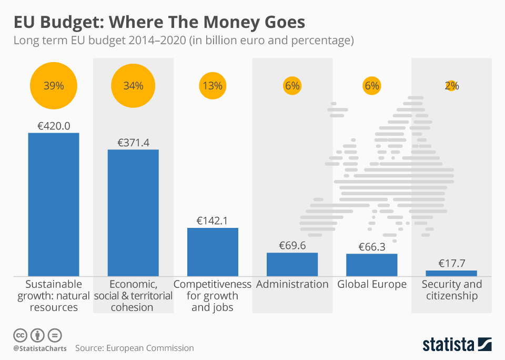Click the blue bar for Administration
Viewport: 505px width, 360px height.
(x=292, y=264)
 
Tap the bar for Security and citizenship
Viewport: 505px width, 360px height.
(x=451, y=273)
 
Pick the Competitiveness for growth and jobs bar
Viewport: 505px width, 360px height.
(x=213, y=252)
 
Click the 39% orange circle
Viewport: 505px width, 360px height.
(x=54, y=86)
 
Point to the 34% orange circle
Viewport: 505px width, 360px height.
(x=133, y=86)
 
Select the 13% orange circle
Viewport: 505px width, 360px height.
(x=213, y=86)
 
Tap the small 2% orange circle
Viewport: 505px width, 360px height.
(x=451, y=86)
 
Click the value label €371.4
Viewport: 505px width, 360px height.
(x=133, y=143)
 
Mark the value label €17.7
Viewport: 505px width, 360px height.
(x=451, y=264)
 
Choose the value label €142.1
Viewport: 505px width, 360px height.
(x=213, y=221)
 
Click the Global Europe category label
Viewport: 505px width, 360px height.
(x=372, y=284)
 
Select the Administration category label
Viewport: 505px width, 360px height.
(x=292, y=284)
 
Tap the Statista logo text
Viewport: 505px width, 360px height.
(x=448, y=345)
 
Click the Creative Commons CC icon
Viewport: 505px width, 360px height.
(x=21, y=335)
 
